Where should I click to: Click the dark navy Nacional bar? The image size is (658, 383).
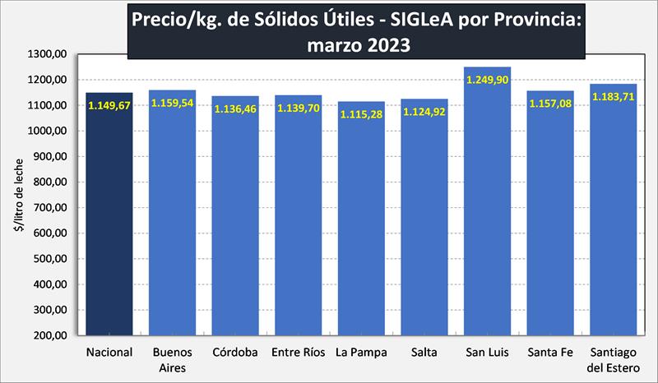[x=109, y=222]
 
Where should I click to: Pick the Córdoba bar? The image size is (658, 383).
[x=235, y=222]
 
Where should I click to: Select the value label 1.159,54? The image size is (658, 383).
[x=172, y=102]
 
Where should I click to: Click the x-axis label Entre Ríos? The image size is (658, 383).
[x=299, y=353]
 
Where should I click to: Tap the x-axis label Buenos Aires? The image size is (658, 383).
[x=172, y=361]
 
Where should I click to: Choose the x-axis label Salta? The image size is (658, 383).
[x=424, y=353]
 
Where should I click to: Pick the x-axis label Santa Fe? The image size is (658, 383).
[x=550, y=353]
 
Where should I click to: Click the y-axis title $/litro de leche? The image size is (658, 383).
[x=18, y=195]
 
